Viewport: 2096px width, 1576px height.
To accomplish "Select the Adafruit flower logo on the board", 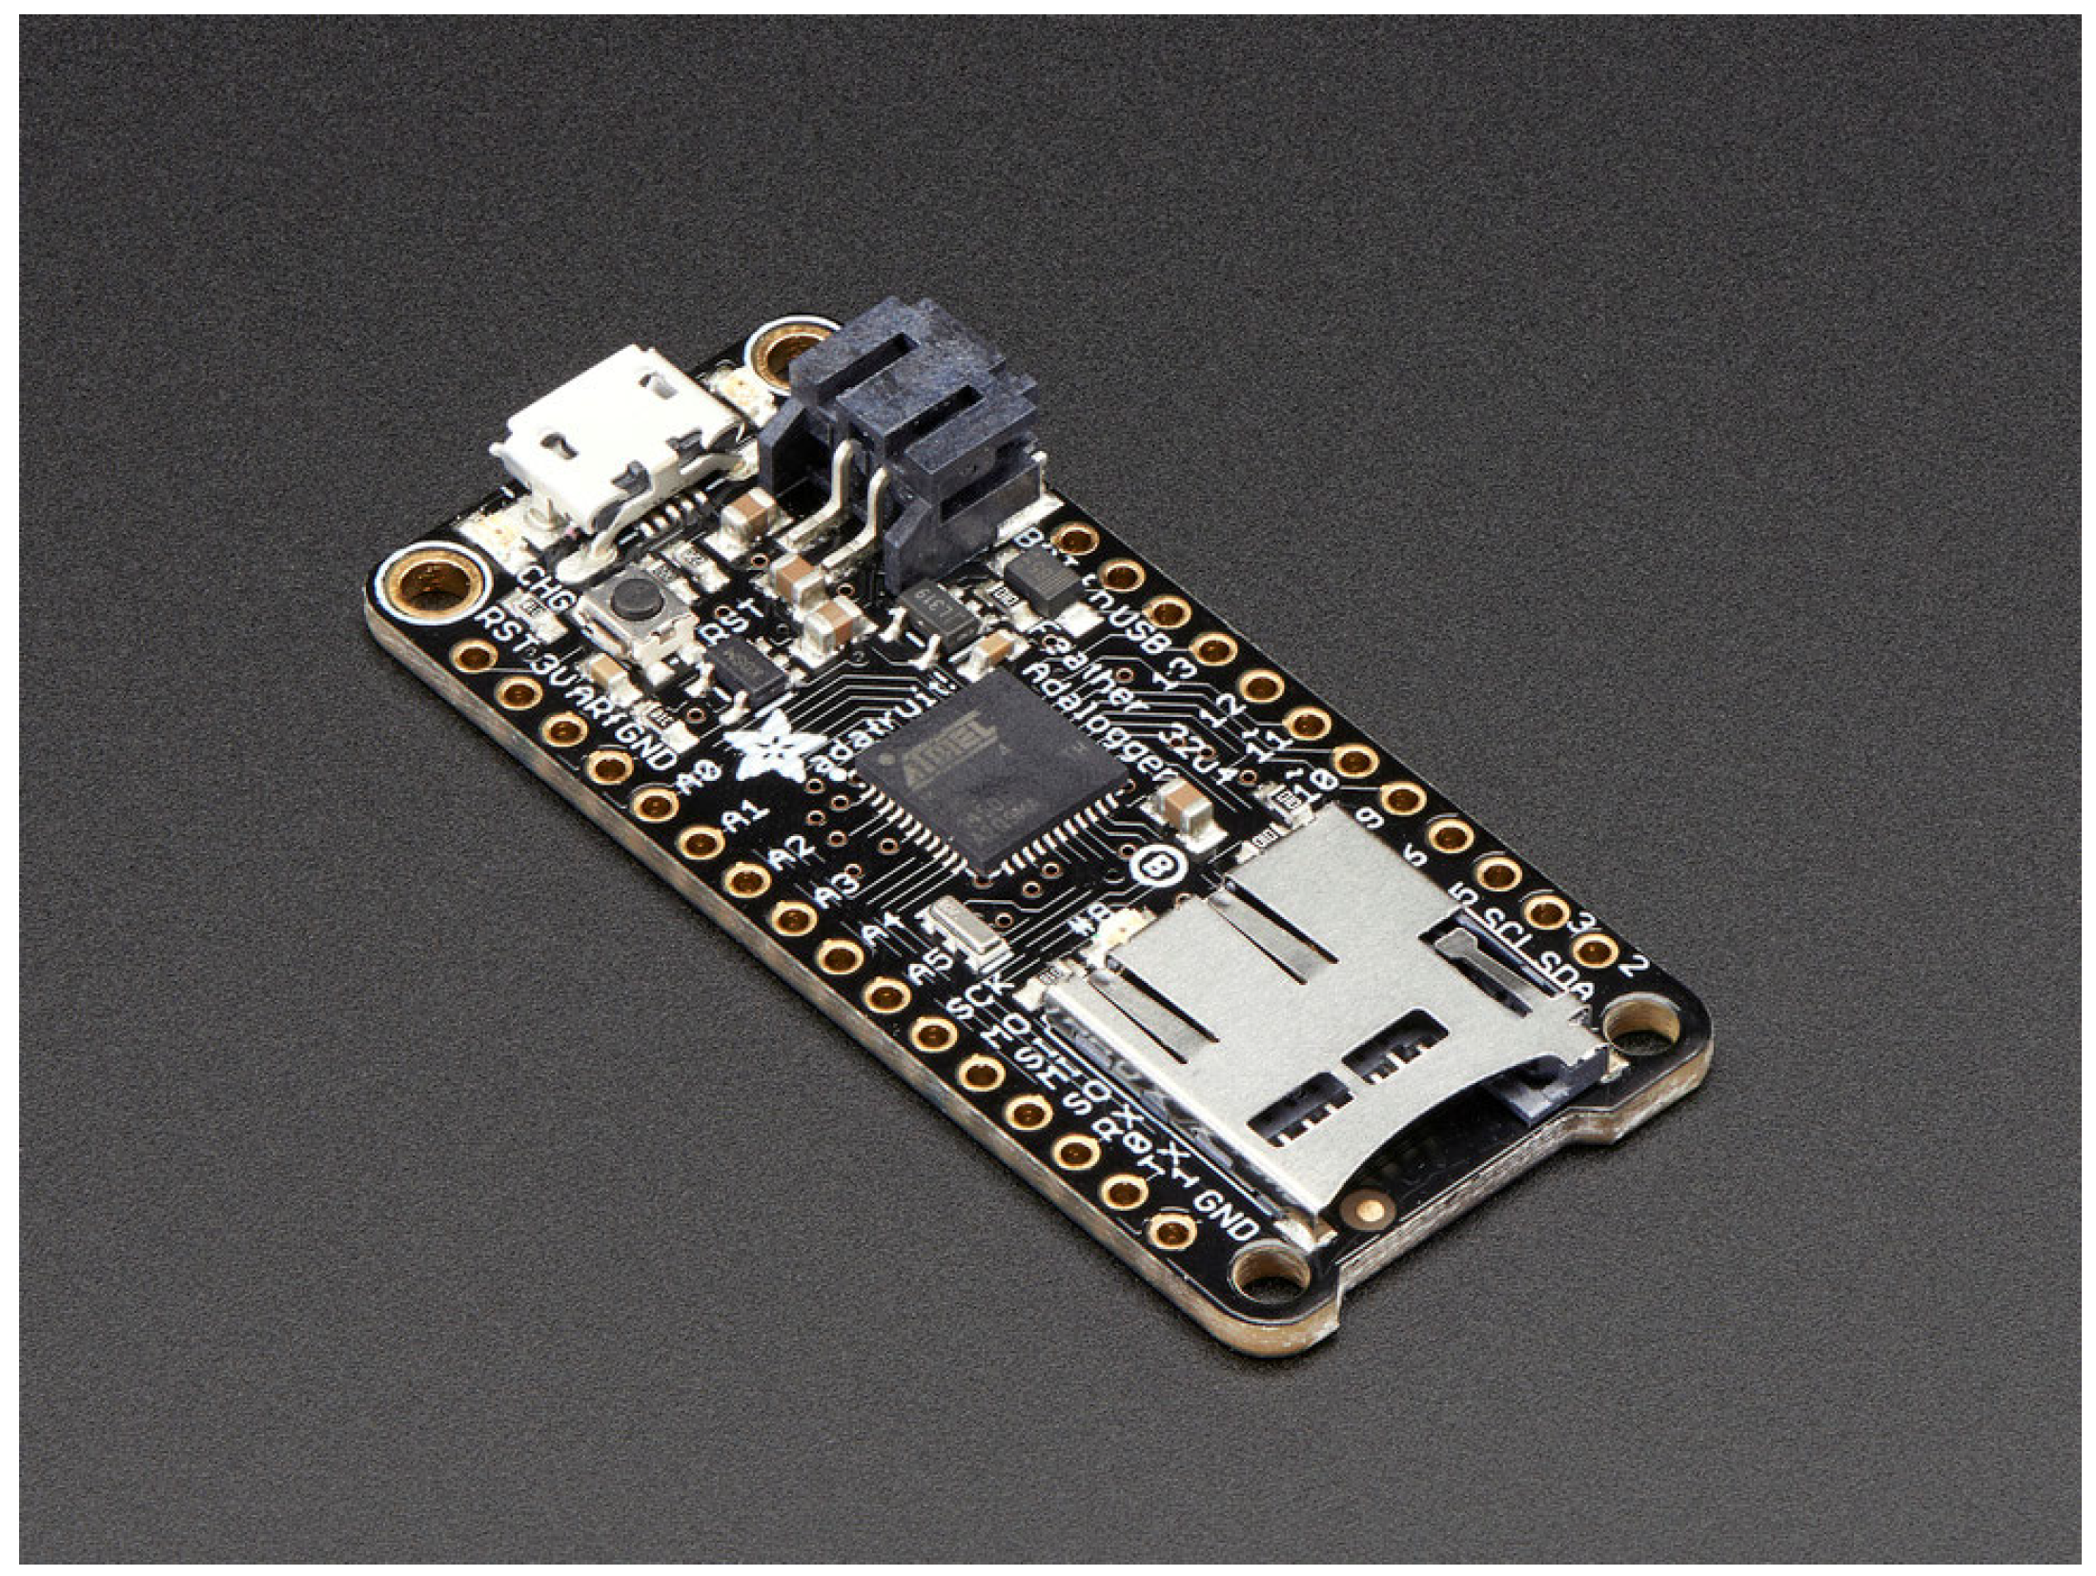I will [x=773, y=753].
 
